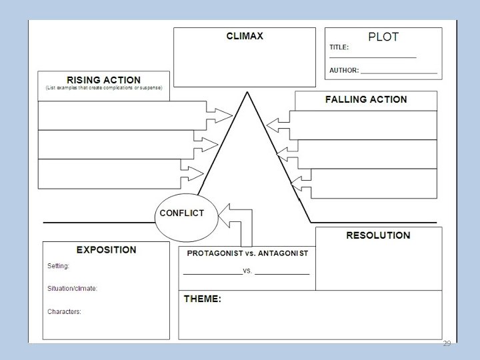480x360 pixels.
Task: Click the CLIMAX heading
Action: pyautogui.click(x=245, y=36)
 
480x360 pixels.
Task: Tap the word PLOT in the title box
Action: pyautogui.click(x=383, y=37)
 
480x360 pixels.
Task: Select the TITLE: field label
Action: pyautogui.click(x=339, y=48)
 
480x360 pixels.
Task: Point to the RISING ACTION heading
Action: pyautogui.click(x=103, y=80)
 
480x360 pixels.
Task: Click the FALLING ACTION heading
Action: pyautogui.click(x=366, y=99)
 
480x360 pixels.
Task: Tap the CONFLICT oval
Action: pyautogui.click(x=181, y=213)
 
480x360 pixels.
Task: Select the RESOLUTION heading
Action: pyautogui.click(x=378, y=235)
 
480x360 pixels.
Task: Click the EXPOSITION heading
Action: pyautogui.click(x=106, y=250)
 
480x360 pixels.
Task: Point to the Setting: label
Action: pyautogui.click(x=58, y=266)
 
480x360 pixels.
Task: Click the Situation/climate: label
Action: pyautogui.click(x=73, y=289)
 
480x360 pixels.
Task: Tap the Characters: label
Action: pyautogui.click(x=64, y=311)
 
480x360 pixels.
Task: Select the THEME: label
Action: pyautogui.click(x=203, y=299)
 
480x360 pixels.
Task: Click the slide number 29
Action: pyautogui.click(x=447, y=343)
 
